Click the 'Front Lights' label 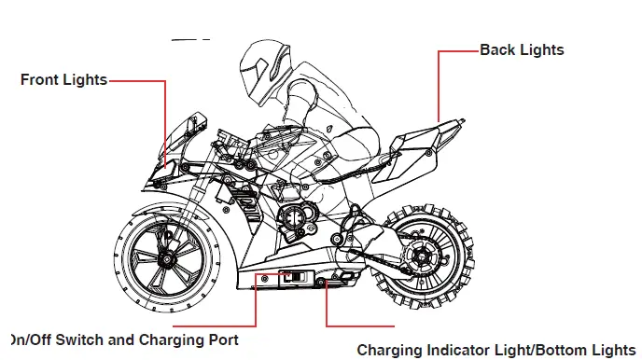(x=63, y=80)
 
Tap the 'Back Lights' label (x=522, y=49)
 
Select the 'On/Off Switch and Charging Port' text (x=124, y=340)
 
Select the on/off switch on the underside (x=293, y=277)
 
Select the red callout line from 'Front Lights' (x=165, y=121)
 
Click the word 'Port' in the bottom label (x=219, y=340)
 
